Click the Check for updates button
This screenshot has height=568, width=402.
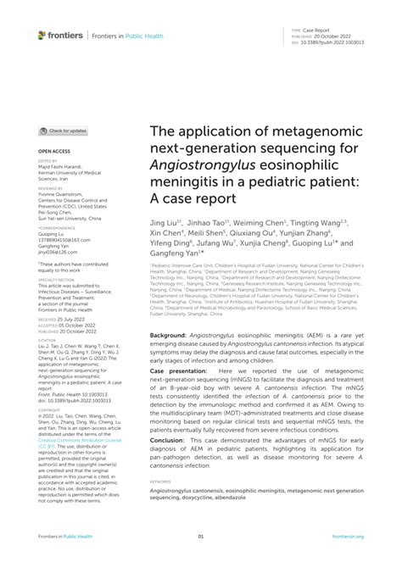(x=65, y=131)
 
